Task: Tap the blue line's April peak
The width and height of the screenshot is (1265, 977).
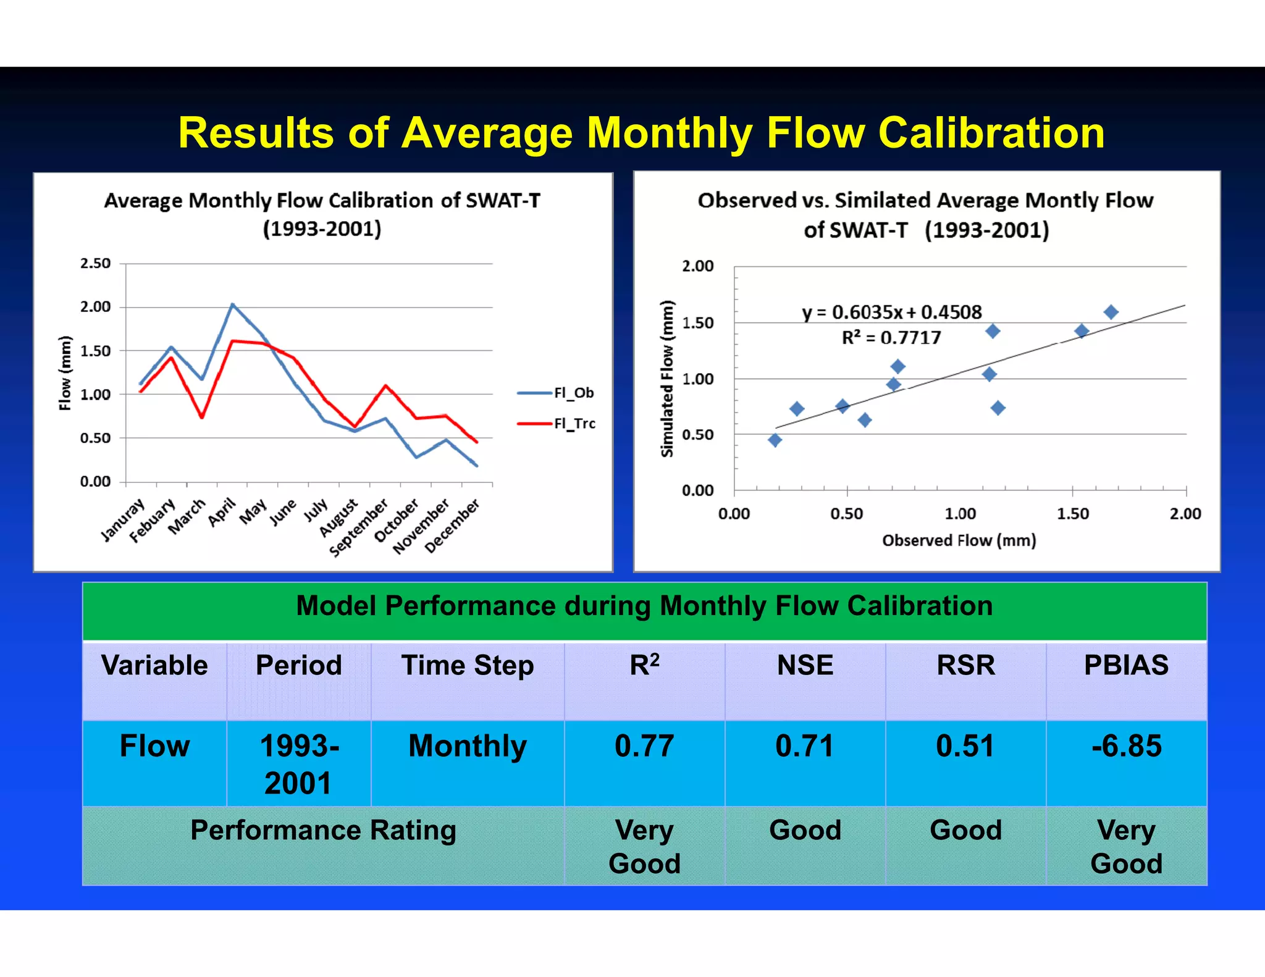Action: pos(232,304)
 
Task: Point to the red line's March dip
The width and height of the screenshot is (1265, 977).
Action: pos(202,417)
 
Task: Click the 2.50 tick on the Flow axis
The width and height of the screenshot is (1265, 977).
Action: pos(95,264)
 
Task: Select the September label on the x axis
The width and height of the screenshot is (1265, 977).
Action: pos(359,529)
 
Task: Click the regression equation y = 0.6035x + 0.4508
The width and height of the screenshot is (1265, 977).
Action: pos(891,312)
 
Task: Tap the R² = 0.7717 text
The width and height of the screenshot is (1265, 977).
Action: pos(891,338)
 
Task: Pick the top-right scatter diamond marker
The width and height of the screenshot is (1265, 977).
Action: pos(1111,312)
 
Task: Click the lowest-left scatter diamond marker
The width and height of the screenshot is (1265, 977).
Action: pos(775,440)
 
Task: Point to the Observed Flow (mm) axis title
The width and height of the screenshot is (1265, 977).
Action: pos(959,540)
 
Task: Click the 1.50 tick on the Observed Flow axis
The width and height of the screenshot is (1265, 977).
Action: pos(1073,514)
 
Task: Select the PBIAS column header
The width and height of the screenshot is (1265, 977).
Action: pos(1126,666)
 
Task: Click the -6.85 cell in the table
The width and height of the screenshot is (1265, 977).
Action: pos(1126,746)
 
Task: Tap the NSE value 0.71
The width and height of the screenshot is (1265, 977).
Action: pos(805,746)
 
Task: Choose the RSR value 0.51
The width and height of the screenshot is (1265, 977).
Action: pos(965,746)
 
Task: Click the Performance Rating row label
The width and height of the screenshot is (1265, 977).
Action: pos(323,830)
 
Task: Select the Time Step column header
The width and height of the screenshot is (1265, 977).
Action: pos(468,666)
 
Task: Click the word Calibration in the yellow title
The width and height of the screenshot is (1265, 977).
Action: pos(991,133)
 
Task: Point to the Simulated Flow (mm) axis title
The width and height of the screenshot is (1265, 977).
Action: pos(667,379)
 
